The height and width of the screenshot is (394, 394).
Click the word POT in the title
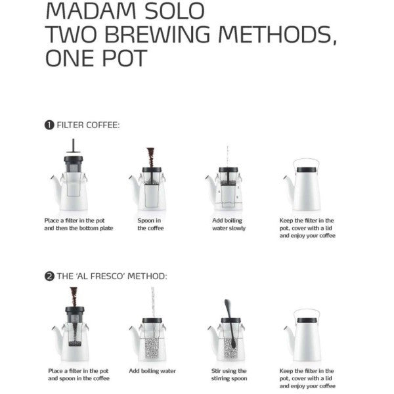(124, 58)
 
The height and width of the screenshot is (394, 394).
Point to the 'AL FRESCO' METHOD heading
(112, 276)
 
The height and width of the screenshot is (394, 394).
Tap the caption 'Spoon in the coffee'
(150, 225)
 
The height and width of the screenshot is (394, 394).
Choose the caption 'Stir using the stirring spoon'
(229, 374)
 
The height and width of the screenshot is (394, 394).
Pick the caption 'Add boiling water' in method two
(152, 371)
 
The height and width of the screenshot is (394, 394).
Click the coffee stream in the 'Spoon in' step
(151, 158)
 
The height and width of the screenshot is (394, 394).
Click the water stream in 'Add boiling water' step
(152, 299)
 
